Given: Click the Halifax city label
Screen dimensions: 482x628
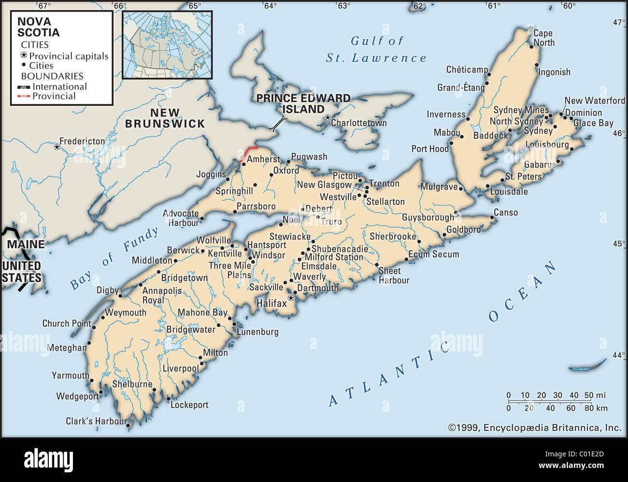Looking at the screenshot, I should pos(271,304).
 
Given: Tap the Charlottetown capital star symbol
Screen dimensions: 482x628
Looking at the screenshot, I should pos(328,117).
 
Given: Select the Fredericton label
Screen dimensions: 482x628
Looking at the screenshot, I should pos(82,141).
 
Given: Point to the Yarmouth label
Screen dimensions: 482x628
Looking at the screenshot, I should pos(71,376).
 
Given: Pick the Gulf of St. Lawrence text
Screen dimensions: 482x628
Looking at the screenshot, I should pos(376,49).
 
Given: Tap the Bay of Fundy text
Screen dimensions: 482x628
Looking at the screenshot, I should pos(114,259).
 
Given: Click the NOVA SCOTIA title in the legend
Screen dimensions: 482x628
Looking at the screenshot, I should pos(39,27).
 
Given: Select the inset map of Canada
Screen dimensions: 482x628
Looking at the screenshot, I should pos(167,45).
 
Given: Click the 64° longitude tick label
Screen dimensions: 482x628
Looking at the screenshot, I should pos(270,6).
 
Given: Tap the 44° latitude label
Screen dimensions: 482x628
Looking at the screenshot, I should pos(618,355).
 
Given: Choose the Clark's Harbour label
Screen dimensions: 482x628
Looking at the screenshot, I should pos(96,421).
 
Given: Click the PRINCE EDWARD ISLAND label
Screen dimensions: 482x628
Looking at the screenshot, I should pos(303,103).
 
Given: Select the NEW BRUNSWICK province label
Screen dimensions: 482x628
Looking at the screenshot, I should pos(165,118).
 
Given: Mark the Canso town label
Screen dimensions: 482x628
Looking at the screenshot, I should pos(506,213).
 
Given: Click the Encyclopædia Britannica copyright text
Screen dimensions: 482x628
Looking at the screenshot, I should pos(534,428).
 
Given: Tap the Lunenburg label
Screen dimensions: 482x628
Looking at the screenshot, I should pos(257,332).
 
